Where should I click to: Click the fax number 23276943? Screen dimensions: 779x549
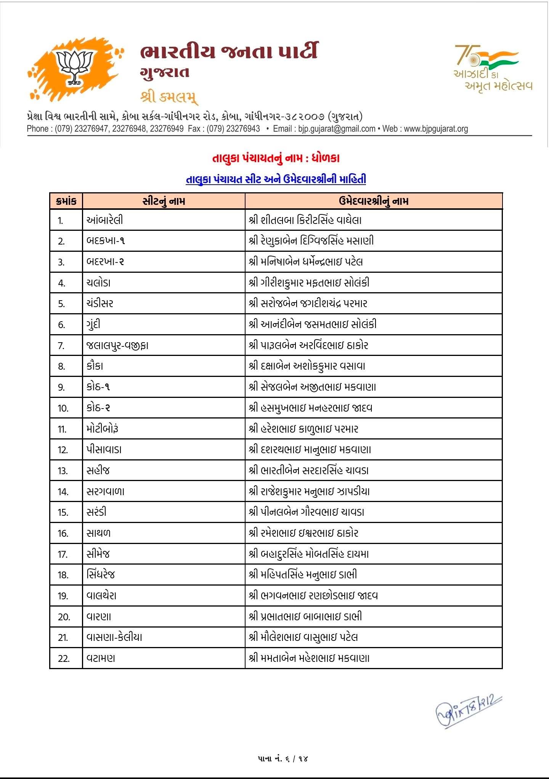[x=243, y=129]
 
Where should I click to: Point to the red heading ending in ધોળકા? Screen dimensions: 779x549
[x=276, y=158]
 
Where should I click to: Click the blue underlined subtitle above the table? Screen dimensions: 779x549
[x=276, y=179]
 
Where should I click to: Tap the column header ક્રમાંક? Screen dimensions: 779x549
[x=66, y=201]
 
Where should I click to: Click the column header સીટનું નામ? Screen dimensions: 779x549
[x=164, y=201]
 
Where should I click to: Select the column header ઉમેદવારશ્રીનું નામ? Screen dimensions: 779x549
[x=373, y=201]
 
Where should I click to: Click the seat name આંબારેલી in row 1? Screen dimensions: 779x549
[x=105, y=220]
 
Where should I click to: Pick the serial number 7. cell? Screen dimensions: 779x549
[x=61, y=346]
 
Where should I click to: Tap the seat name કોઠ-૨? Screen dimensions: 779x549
[x=98, y=408]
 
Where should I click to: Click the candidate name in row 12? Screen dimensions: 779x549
[x=310, y=450]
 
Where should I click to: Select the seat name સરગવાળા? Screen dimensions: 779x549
[x=106, y=491]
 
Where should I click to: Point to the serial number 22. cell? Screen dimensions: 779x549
[x=64, y=658]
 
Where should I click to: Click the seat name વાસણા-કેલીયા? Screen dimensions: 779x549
[x=114, y=637]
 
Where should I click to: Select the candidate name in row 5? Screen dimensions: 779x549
[x=308, y=304]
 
